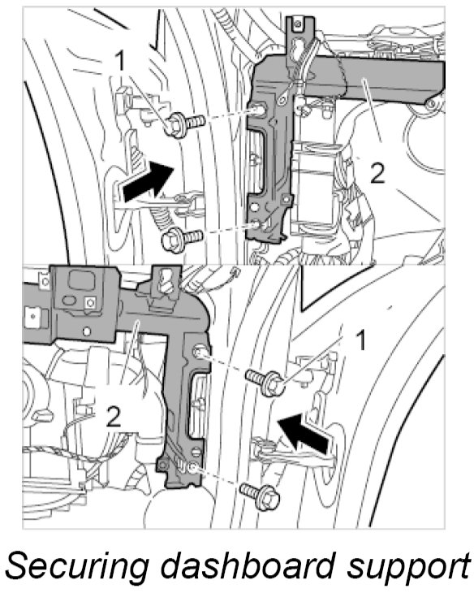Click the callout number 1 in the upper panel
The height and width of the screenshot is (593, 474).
click(120, 61)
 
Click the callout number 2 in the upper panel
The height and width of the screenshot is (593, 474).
click(377, 173)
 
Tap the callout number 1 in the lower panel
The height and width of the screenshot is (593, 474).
click(361, 340)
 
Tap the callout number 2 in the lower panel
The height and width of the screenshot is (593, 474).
click(113, 417)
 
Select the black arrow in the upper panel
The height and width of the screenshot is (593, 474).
click(149, 180)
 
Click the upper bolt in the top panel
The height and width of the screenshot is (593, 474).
click(184, 123)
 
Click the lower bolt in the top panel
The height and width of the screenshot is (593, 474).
click(182, 238)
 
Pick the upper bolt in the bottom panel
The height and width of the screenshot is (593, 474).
click(265, 382)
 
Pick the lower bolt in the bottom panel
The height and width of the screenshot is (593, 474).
click(261, 496)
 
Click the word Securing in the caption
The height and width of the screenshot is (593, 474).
click(77, 567)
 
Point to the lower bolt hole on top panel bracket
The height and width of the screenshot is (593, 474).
click(257, 225)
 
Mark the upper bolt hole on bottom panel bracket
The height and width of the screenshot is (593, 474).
click(198, 353)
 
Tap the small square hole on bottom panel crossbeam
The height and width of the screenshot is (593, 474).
click(89, 302)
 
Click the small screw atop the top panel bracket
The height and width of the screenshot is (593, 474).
click(298, 24)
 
